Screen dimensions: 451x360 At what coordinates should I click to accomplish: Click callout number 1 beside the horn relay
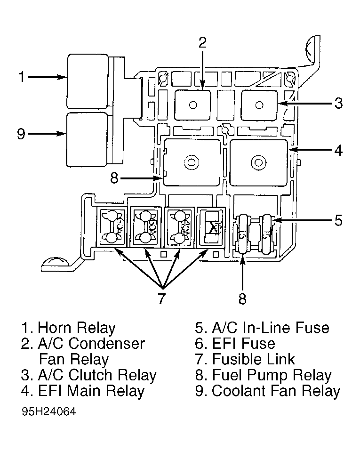[21, 77]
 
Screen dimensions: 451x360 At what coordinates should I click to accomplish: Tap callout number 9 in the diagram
[21, 134]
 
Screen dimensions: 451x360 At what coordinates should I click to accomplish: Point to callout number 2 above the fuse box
[202, 42]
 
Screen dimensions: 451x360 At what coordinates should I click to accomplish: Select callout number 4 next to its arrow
[338, 151]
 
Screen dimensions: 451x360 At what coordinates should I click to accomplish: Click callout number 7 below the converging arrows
[161, 298]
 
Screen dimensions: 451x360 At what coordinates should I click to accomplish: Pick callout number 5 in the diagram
[338, 220]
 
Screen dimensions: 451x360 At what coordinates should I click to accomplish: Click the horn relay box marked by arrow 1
[88, 81]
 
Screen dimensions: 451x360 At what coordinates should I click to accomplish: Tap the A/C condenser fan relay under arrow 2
[193, 105]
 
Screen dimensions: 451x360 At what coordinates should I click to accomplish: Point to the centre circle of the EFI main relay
[257, 163]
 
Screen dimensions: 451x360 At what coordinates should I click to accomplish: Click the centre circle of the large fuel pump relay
[191, 163]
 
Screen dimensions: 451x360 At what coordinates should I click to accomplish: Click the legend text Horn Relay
[76, 328]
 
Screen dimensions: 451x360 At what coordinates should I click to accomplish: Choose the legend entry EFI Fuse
[243, 344]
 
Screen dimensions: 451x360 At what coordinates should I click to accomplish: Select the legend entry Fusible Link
[253, 359]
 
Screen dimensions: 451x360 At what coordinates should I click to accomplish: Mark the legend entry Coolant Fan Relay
[275, 391]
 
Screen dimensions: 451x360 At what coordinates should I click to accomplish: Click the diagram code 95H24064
[48, 411]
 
